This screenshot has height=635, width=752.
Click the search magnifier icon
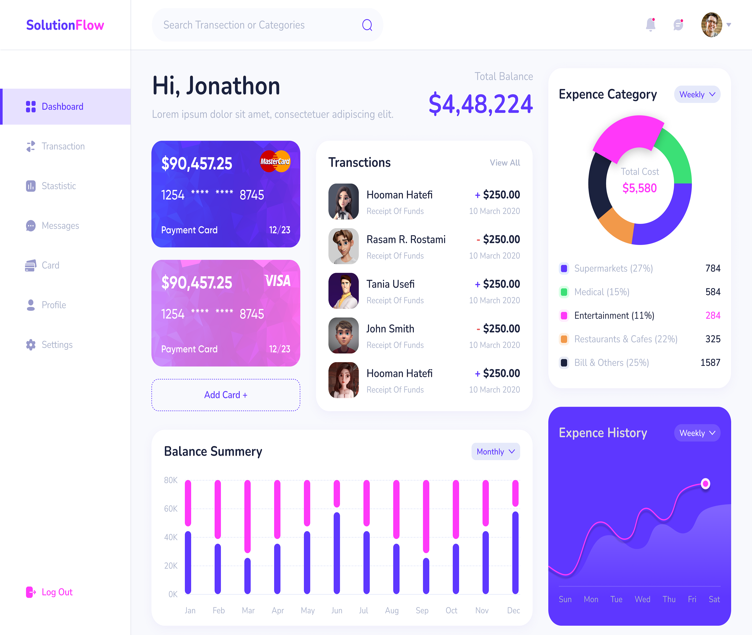(367, 25)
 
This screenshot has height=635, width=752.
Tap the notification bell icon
(651, 24)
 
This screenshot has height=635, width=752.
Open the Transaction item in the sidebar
(63, 146)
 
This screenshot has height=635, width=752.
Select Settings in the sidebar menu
(57, 345)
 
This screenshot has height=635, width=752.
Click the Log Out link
(57, 592)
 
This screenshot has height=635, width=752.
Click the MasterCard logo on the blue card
(275, 161)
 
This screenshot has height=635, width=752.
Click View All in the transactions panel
(505, 163)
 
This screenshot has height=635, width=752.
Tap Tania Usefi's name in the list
(390, 284)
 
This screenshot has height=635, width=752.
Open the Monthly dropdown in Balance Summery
(495, 451)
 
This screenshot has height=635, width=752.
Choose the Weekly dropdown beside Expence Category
(697, 94)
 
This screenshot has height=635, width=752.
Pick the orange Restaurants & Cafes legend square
(564, 339)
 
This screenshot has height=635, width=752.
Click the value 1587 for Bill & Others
(710, 363)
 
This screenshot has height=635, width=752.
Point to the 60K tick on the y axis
(171, 509)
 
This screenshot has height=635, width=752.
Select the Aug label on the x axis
(392, 611)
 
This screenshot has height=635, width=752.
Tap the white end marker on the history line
(705, 484)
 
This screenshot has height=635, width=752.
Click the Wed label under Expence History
(642, 599)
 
